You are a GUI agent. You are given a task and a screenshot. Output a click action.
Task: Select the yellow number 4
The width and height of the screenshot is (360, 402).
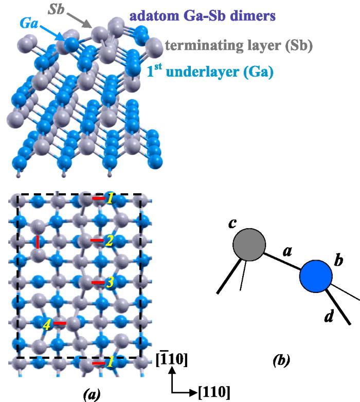(x=46, y=324)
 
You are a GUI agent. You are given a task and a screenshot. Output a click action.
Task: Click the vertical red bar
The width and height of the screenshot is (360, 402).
(x=38, y=242)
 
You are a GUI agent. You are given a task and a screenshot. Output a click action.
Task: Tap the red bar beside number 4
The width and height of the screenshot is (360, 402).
(x=60, y=323)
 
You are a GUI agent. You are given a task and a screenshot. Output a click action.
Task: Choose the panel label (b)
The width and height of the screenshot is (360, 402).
(x=282, y=361)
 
